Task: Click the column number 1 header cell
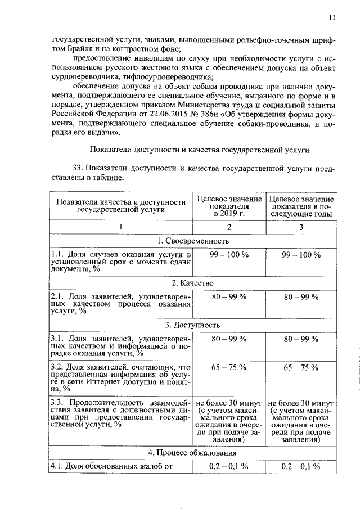click(x=120, y=227)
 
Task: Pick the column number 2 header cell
click(x=228, y=227)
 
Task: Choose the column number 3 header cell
click(x=301, y=227)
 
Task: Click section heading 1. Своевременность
click(x=192, y=241)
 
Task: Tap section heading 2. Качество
click(x=192, y=282)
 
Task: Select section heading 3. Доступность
click(x=192, y=325)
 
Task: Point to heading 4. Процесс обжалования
click(x=192, y=452)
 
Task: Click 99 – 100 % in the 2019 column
click(x=228, y=255)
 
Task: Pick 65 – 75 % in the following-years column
click(x=301, y=367)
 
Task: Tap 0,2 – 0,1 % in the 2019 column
click(x=228, y=466)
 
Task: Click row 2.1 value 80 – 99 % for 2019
click(x=228, y=296)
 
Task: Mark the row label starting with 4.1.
click(x=110, y=466)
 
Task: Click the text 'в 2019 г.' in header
click(x=228, y=214)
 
